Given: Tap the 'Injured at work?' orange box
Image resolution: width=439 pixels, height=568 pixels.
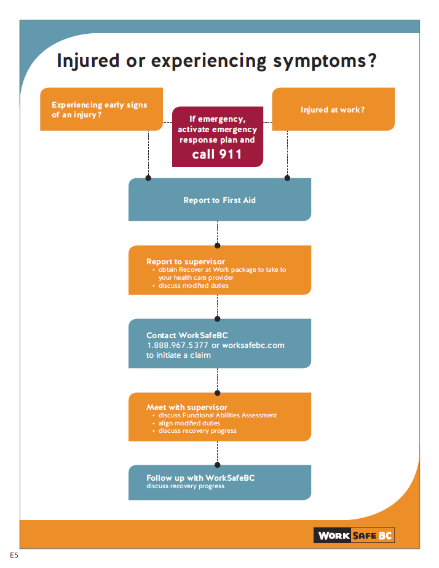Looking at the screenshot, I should [x=332, y=110].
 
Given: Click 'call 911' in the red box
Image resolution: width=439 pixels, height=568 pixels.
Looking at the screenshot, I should [x=217, y=154].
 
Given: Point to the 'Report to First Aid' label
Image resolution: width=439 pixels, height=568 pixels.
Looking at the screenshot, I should [x=219, y=200].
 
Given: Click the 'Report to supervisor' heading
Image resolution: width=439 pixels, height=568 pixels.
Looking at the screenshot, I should [x=186, y=261].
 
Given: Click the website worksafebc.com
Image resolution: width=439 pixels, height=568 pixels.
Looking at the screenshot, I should [x=253, y=345].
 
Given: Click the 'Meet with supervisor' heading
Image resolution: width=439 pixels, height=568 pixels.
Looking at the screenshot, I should [x=187, y=407].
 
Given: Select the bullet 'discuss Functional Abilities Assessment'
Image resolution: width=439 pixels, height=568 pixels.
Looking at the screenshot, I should [x=217, y=416].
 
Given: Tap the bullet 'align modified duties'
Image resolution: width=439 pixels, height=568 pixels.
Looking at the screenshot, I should [x=189, y=423].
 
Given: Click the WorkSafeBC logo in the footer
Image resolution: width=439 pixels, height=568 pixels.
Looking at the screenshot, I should [x=354, y=535].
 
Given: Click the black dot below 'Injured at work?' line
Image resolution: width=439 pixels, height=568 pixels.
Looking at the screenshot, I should [x=287, y=178].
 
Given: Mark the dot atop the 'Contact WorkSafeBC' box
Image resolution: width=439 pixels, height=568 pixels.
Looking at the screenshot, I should [x=218, y=319].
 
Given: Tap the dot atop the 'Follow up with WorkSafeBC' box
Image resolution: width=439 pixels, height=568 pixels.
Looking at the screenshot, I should [x=218, y=465].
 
